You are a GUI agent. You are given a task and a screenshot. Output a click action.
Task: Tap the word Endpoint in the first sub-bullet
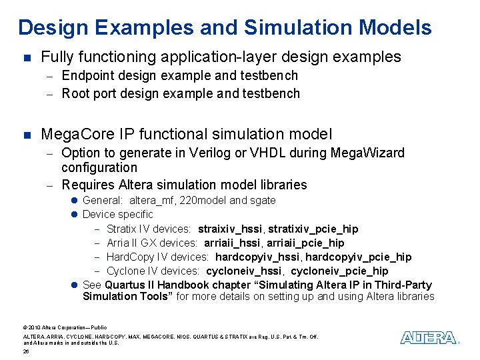[x=87, y=76]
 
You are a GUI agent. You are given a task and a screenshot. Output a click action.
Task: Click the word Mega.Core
[x=74, y=135]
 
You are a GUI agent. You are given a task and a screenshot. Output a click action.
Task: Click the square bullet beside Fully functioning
[x=26, y=58]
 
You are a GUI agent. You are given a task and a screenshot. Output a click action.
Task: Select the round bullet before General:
[x=75, y=200]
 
